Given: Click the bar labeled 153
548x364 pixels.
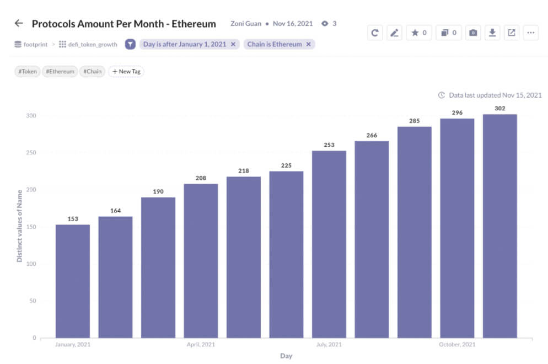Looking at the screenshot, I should click(x=73, y=281).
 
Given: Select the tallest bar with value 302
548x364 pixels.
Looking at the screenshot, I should click(x=499, y=226).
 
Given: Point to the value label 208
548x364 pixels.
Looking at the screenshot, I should click(x=201, y=178).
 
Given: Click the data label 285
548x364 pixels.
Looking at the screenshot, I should click(x=415, y=121).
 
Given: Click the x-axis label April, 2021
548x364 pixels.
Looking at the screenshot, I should click(x=201, y=345).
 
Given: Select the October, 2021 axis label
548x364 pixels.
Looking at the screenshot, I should click(x=456, y=345).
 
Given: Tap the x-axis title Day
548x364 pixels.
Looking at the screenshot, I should click(x=286, y=356).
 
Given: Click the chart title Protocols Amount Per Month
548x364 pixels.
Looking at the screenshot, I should click(x=123, y=24).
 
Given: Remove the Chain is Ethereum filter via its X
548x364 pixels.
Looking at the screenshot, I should click(x=308, y=44).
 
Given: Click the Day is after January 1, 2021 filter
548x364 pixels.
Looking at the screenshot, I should click(x=184, y=44).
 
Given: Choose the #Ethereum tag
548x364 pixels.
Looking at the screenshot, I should click(x=60, y=71).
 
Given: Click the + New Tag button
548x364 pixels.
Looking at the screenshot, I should click(x=126, y=71).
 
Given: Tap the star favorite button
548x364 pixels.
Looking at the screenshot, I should click(x=419, y=33).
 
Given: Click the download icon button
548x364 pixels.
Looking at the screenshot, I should click(x=492, y=33).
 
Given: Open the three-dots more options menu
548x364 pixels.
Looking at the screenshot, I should click(x=530, y=33).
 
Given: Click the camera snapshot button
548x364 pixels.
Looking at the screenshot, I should click(x=472, y=33).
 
